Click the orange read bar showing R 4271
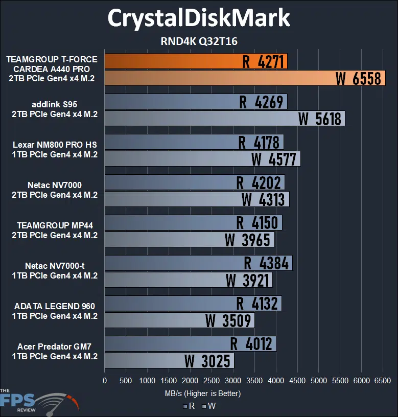click(196, 61)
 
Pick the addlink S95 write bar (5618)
click(224, 119)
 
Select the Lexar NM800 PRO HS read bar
click(194, 142)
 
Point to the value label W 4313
click(263, 199)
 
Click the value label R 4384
click(266, 263)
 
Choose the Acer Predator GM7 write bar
click(169, 361)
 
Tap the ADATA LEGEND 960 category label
click(55, 311)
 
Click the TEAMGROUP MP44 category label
click(55, 230)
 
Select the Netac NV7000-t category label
click(55, 271)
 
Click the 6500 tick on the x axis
click(383, 381)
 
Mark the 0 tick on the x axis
click(105, 381)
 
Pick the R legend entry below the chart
click(188, 407)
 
